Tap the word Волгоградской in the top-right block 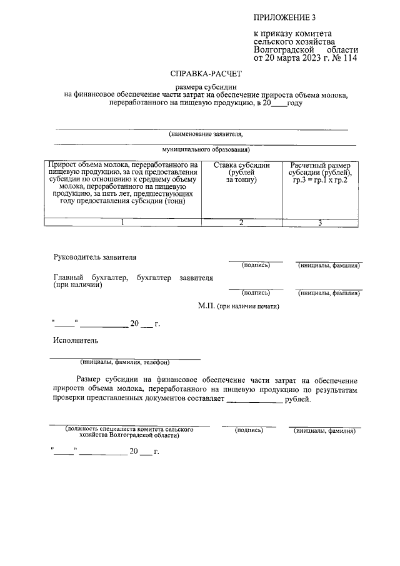click(282, 49)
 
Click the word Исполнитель click(76, 341)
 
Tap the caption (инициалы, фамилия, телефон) click(125, 362)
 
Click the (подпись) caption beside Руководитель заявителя click(256, 265)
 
